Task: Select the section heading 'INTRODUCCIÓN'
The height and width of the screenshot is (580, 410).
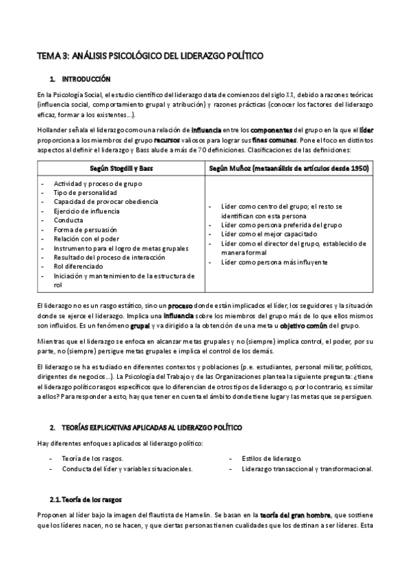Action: click(x=86, y=79)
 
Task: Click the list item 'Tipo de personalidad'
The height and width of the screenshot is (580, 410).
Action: click(x=84, y=192)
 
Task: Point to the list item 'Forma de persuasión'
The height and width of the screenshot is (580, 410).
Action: click(x=85, y=229)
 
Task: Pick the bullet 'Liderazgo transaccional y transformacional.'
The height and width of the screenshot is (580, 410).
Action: click(x=307, y=469)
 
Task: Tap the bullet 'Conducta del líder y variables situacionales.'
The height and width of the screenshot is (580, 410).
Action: click(x=127, y=469)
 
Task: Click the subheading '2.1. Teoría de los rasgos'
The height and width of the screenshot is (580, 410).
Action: click(x=85, y=499)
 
